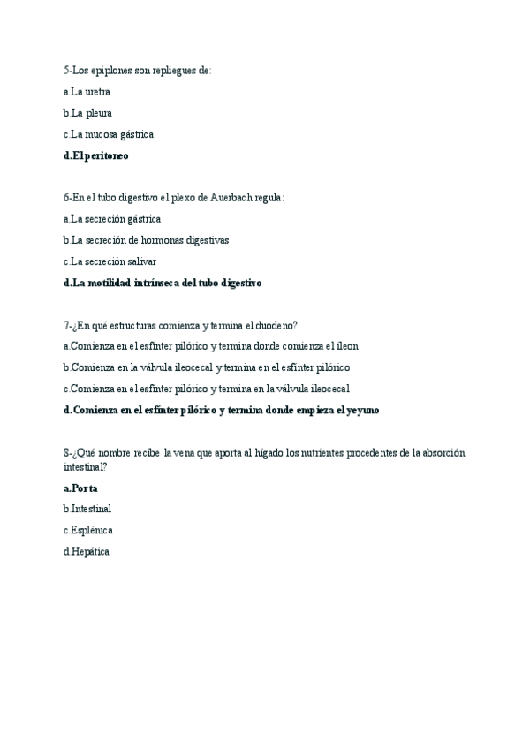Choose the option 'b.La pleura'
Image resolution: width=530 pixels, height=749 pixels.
[x=87, y=113]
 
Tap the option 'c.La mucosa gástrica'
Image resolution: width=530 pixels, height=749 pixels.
[x=109, y=134]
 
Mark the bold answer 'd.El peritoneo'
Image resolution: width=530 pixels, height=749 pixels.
[x=96, y=156]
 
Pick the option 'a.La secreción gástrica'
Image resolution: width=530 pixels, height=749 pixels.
[x=112, y=219]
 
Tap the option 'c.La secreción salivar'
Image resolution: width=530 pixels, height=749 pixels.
[x=110, y=261]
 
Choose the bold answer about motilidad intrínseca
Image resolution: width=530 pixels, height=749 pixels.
[x=163, y=284]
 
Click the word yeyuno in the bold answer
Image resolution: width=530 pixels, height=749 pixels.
[x=362, y=411]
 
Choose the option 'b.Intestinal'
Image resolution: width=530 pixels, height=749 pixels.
[x=87, y=509]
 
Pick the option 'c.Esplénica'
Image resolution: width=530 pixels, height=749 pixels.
[x=88, y=530]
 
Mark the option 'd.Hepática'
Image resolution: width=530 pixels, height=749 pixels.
[x=87, y=552]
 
